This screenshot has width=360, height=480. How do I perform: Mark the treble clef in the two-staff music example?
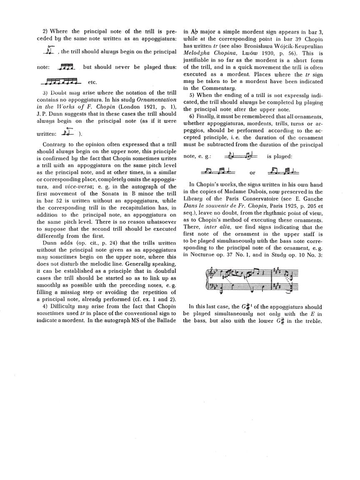(209, 274)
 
